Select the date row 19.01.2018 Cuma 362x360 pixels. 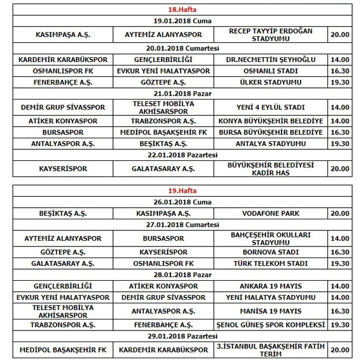(x=182, y=21)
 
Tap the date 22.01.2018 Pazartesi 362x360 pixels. (x=182, y=155)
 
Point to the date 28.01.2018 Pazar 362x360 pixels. (x=182, y=274)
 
